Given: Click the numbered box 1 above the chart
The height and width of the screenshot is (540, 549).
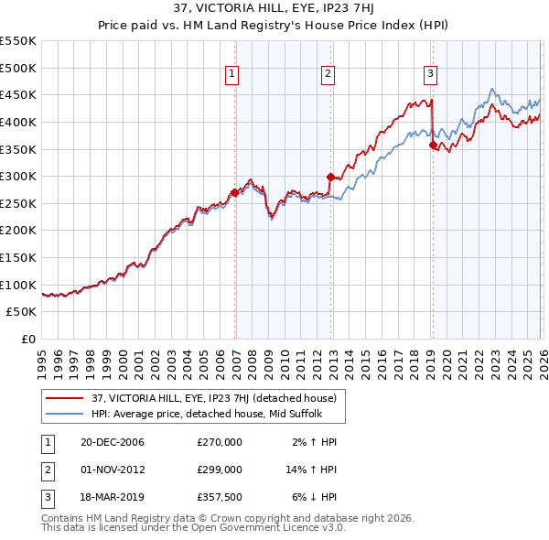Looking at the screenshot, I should [231, 75].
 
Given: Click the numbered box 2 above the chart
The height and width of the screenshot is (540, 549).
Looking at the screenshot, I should [328, 75].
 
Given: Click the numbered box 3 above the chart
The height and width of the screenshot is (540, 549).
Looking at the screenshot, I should [430, 75].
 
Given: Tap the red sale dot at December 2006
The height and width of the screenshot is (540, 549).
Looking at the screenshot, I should [234, 192].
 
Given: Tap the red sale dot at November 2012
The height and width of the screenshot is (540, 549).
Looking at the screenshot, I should [330, 177].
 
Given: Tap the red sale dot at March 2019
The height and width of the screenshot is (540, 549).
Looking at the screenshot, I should [433, 145].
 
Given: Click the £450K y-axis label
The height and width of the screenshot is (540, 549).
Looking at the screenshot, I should [18, 94].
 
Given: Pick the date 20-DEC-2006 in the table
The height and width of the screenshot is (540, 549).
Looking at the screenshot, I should [111, 442].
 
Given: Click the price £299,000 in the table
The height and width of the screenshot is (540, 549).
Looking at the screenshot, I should [220, 470].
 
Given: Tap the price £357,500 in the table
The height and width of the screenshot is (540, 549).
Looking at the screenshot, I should [220, 497].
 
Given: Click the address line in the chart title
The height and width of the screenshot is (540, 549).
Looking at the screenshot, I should [274, 10].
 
